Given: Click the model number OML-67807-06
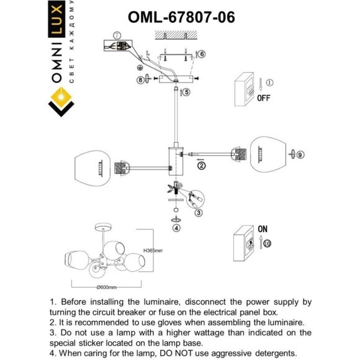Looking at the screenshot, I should coord(181,17).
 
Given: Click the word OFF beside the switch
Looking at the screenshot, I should coord(264,97).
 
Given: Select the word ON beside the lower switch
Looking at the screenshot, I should coord(263,229).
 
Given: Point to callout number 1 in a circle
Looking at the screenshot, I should coord(269,82).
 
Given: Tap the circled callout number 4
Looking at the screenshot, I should coord(176,228).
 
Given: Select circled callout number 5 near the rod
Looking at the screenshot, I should coord(186,92).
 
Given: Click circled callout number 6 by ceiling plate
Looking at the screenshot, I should coord(202,55).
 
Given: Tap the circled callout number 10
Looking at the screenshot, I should coord(266,244).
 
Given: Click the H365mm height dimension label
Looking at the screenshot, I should coord(153,251).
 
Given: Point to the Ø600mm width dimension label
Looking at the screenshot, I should coord(107,287).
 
